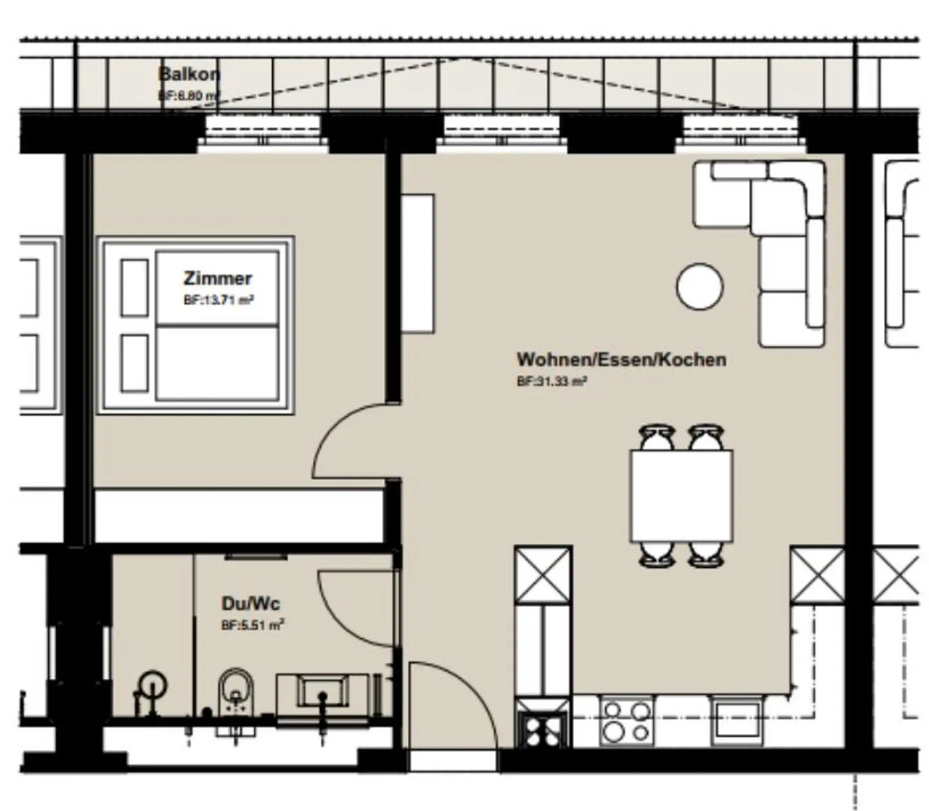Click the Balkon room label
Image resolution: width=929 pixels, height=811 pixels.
pyautogui.click(x=189, y=74)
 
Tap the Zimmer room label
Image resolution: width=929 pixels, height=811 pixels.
pyautogui.click(x=217, y=278)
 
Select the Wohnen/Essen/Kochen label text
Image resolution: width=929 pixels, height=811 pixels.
pyautogui.click(x=621, y=359)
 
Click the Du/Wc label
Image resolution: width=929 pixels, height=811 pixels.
pyautogui.click(x=250, y=603)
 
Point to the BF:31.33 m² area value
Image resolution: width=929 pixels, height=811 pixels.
pyautogui.click(x=552, y=381)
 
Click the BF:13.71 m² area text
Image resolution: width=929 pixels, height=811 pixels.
pyautogui.click(x=218, y=300)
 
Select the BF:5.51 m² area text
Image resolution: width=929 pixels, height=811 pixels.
pyautogui.click(x=252, y=625)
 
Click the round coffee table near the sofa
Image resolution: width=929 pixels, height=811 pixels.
pyautogui.click(x=699, y=286)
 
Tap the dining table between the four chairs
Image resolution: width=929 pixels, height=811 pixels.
pyautogui.click(x=681, y=496)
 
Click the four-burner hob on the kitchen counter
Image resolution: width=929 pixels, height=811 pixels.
pyautogui.click(x=625, y=721)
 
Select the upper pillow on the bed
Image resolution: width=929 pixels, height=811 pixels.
pyautogui.click(x=134, y=287)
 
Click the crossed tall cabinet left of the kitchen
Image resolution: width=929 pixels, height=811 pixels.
pyautogui.click(x=543, y=575)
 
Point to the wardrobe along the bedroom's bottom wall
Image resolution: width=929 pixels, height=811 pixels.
pyautogui.click(x=239, y=516)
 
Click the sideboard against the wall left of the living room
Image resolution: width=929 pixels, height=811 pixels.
pyautogui.click(x=417, y=263)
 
